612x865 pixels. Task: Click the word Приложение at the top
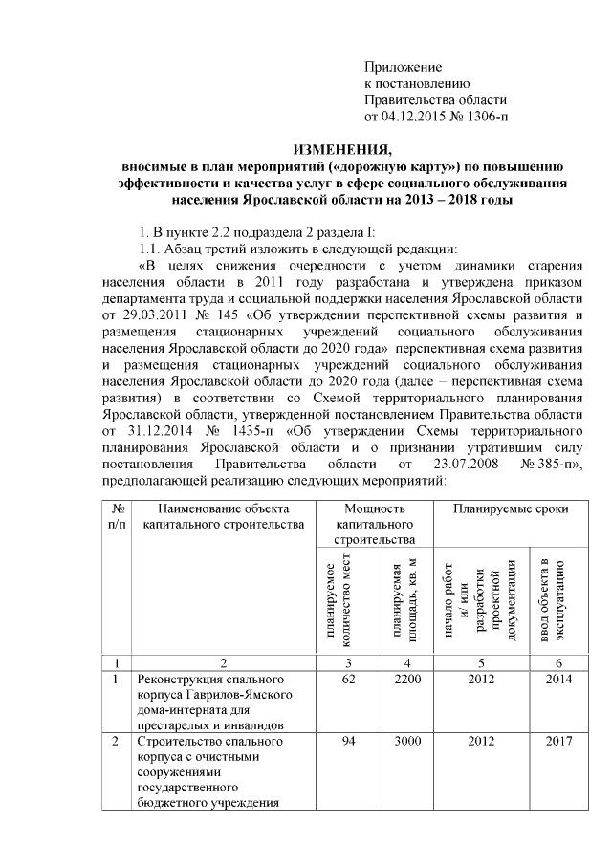(404, 67)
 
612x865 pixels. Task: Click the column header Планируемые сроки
(512, 509)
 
